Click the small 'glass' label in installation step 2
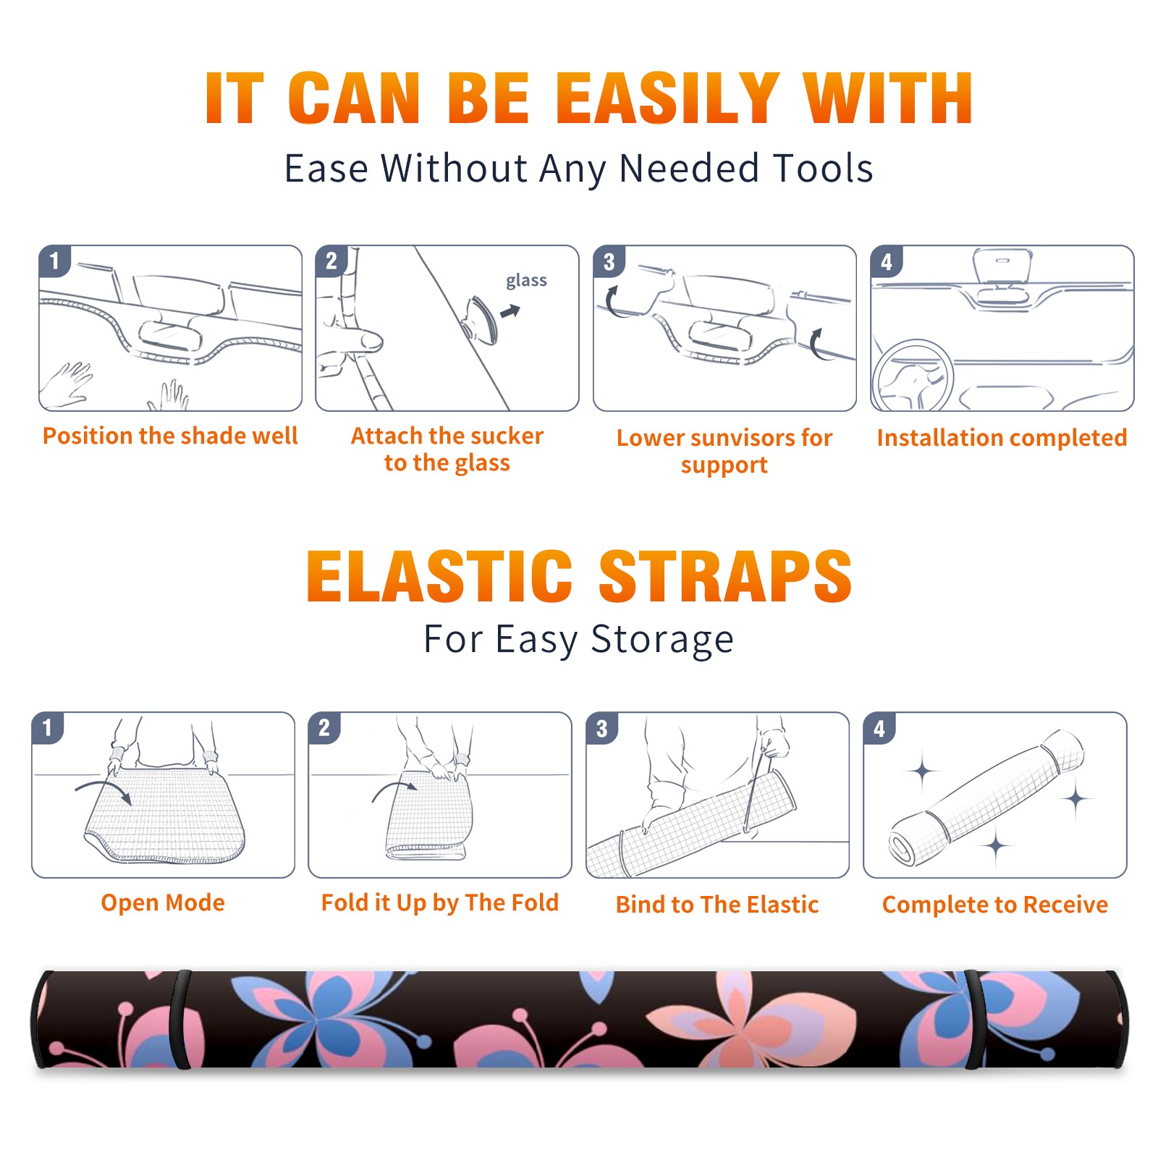pos(526,281)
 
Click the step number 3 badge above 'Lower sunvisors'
pos(609,261)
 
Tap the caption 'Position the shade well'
pos(170,436)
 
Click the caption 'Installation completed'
pos(1002,438)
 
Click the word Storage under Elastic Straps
pos(662,640)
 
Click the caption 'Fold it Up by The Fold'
pos(439,903)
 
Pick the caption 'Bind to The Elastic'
pos(717,905)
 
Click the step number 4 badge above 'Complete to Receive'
pos(879,728)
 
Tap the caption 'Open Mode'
pos(163,903)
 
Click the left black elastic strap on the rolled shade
pos(179,1020)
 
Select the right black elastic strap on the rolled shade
pos(973,1020)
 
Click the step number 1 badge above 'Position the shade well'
pos(54,261)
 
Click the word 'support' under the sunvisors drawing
pos(724,465)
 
